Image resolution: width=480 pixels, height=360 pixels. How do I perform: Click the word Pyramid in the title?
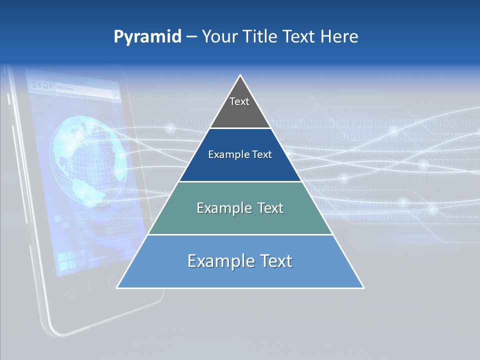pos(147,36)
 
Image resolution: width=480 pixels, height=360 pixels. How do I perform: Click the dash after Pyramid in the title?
pos(191,37)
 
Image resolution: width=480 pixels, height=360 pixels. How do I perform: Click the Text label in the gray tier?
pos(239,101)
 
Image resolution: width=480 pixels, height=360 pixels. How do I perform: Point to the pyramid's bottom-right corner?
pos(363,288)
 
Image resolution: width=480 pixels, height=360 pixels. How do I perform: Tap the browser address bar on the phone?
pos(80,88)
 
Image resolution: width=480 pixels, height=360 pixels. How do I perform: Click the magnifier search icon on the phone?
pos(115,93)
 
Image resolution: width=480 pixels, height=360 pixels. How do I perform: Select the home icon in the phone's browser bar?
pos(34,84)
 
